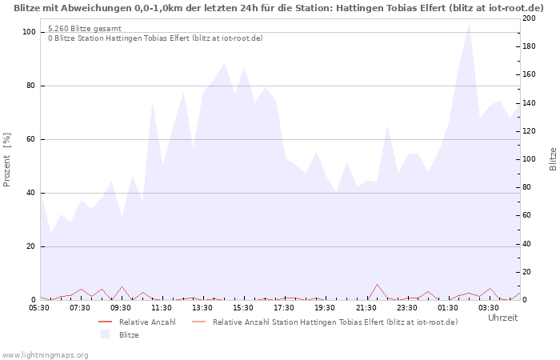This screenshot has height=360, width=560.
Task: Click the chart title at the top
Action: (x=279, y=7)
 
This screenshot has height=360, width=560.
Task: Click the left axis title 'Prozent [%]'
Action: (x=7, y=159)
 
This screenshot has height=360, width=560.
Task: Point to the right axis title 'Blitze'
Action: (x=553, y=159)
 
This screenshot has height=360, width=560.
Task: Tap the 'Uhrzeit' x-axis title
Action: (x=502, y=318)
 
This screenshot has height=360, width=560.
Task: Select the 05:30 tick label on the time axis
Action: (x=39, y=307)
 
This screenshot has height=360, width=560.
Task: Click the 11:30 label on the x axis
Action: (x=162, y=307)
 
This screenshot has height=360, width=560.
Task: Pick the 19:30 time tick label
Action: (x=325, y=307)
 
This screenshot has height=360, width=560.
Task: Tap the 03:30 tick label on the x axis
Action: (x=488, y=307)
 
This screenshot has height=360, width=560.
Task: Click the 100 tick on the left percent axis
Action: (x=29, y=32)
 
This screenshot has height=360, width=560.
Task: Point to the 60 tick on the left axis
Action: (x=30, y=139)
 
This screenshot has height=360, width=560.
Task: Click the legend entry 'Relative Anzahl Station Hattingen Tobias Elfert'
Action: (x=335, y=322)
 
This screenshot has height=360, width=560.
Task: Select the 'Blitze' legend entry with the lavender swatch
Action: (x=128, y=334)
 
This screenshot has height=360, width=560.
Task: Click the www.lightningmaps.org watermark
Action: (x=46, y=354)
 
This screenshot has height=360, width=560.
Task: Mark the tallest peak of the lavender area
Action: (x=469, y=24)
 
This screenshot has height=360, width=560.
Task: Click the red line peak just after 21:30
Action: (x=377, y=284)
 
